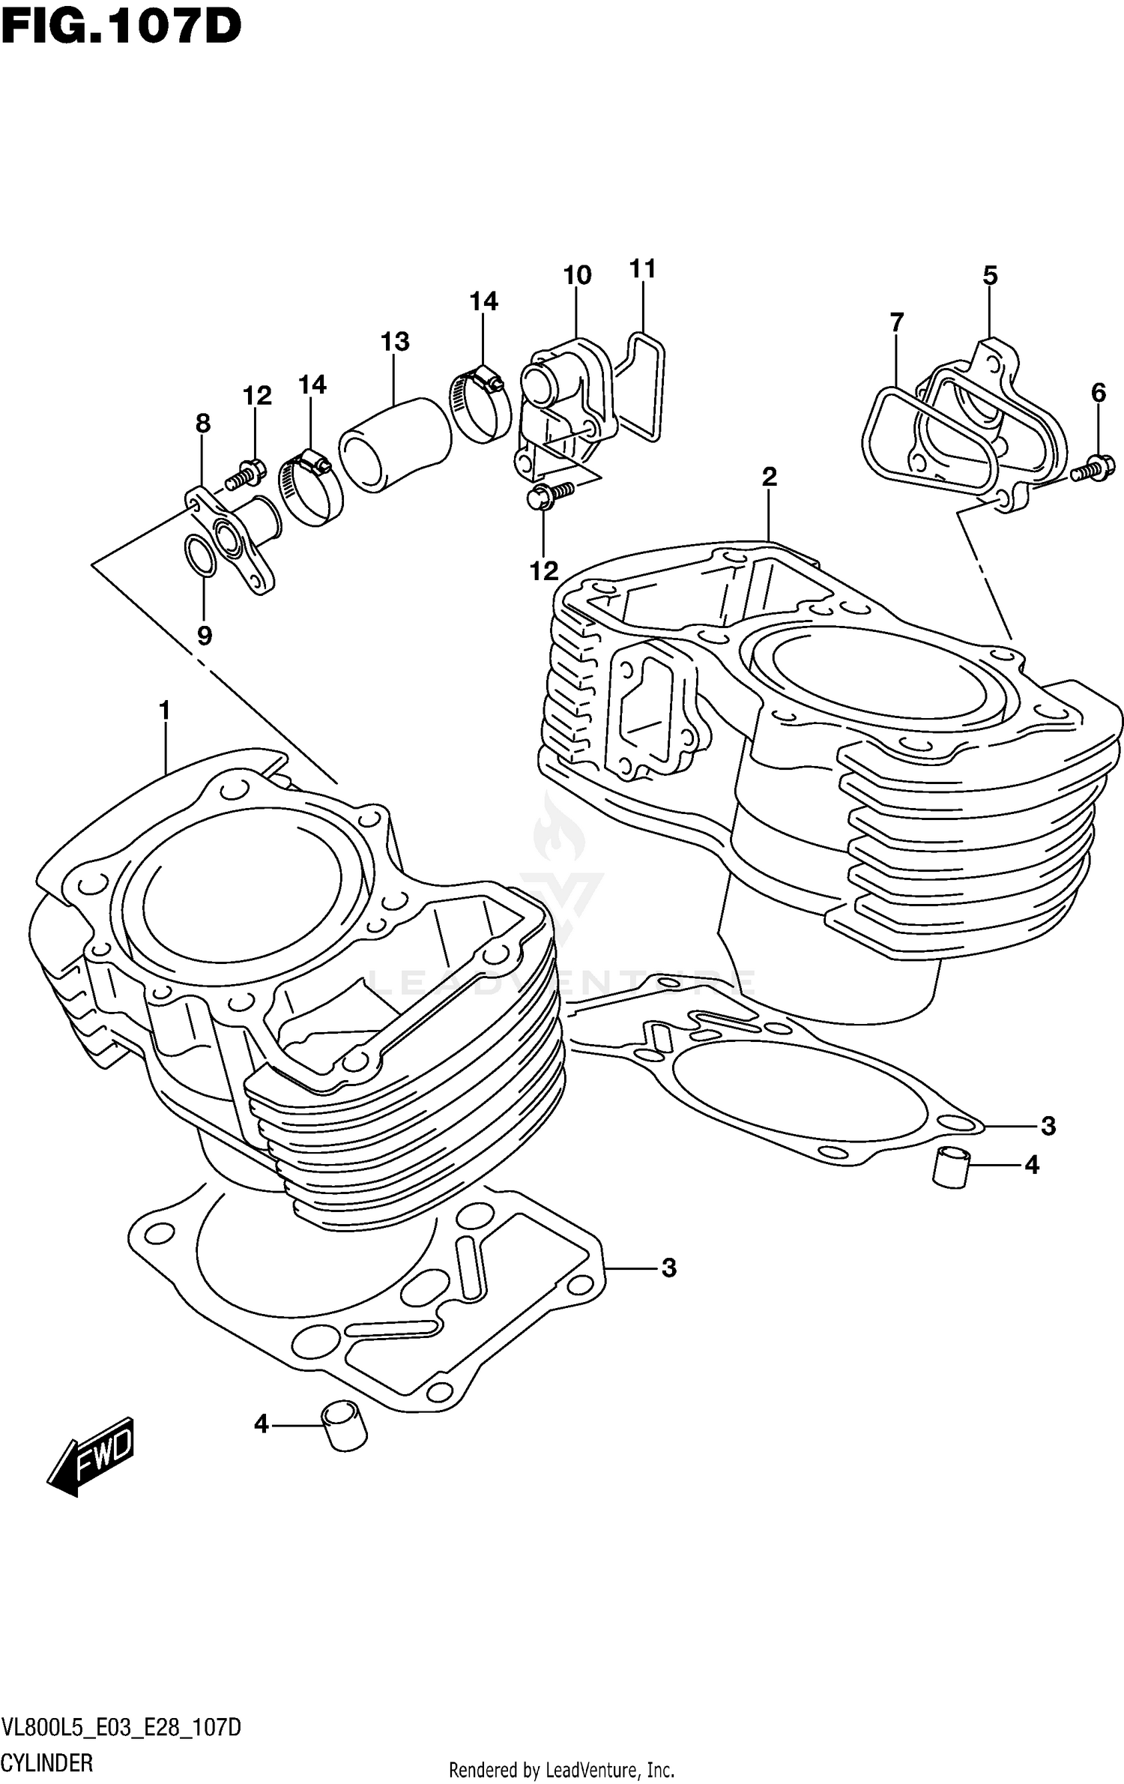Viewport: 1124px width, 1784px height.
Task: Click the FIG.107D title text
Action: (x=121, y=28)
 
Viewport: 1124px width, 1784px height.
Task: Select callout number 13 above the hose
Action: (x=395, y=342)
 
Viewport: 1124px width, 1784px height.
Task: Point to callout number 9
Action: (x=205, y=636)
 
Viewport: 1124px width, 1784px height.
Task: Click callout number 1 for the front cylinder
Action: (x=165, y=709)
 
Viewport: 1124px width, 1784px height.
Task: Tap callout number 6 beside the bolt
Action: (x=1099, y=392)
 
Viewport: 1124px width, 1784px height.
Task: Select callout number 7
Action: (x=897, y=322)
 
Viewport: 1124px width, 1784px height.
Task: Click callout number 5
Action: (x=990, y=276)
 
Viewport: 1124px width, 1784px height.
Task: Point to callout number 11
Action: (x=643, y=268)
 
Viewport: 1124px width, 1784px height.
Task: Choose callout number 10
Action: (x=577, y=276)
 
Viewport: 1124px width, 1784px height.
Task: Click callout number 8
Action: (x=203, y=424)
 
